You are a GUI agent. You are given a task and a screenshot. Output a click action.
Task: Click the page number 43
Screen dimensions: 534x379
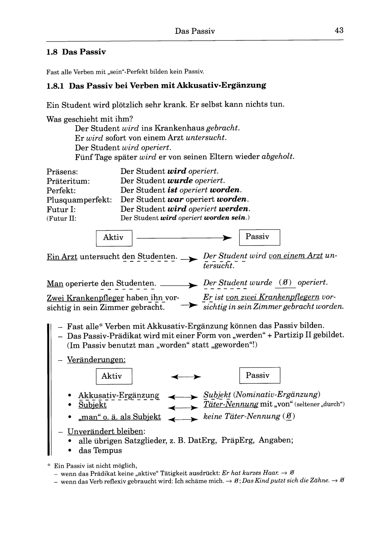(x=339, y=30)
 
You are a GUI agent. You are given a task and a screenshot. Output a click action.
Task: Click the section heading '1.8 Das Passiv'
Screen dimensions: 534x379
(x=76, y=52)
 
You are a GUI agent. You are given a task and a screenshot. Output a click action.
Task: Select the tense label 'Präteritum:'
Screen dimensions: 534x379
(x=68, y=181)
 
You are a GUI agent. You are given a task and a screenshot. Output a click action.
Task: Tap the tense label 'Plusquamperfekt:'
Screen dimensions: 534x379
(x=79, y=200)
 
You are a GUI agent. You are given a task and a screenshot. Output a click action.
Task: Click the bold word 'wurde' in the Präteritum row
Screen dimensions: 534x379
(x=180, y=181)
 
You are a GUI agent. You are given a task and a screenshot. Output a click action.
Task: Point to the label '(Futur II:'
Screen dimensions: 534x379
(x=62, y=218)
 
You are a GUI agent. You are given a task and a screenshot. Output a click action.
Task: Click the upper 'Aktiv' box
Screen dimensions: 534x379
(x=114, y=238)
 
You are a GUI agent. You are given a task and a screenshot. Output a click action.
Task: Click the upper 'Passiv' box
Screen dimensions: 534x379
(x=259, y=237)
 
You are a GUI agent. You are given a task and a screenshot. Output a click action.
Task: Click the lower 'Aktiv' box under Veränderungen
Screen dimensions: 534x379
(x=114, y=376)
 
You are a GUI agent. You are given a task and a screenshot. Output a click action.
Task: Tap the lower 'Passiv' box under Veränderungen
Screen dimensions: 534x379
(x=259, y=375)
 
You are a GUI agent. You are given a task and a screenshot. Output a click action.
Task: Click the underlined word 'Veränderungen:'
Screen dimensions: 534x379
(x=96, y=360)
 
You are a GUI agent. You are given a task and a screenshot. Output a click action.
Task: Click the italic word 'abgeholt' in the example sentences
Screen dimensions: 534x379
(x=278, y=157)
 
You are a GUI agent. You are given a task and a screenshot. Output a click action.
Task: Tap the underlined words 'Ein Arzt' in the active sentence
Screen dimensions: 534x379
(x=62, y=257)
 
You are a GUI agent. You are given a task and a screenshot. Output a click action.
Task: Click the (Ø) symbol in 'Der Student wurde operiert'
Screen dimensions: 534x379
(x=285, y=283)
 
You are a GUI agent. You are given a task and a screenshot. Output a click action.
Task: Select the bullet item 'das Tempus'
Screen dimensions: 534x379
(x=100, y=450)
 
